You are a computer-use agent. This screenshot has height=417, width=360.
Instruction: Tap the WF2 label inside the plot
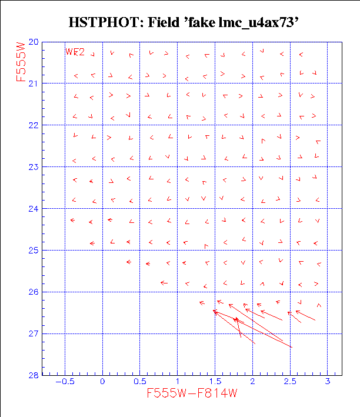[75, 52]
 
